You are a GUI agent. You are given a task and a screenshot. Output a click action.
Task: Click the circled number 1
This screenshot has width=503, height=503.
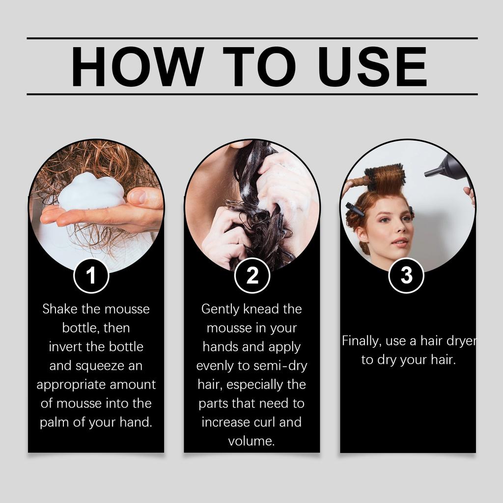tap(91, 276)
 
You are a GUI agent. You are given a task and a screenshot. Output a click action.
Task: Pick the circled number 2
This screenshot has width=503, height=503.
tap(252, 276)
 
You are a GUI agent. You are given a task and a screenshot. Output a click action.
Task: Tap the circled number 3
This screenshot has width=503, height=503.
tap(406, 276)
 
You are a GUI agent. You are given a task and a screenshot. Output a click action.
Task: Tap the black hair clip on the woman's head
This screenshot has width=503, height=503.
tap(355, 209)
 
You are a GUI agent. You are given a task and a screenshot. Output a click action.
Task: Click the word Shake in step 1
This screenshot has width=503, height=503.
tap(59, 309)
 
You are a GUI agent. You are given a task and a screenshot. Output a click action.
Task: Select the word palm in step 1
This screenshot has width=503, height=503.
tap(55, 422)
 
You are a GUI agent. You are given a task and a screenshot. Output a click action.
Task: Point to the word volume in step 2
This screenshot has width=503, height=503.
tap(251, 441)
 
